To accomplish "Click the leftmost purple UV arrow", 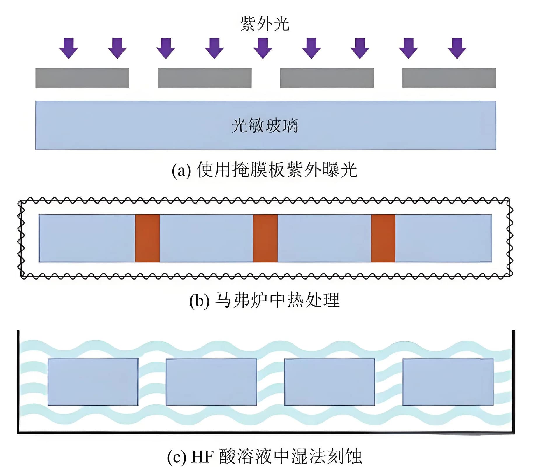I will coord(69,48).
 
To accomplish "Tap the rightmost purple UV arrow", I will coord(457,48).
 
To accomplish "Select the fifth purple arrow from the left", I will coord(263,48).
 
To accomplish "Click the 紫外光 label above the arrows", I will coord(265,24).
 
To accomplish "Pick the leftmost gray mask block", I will coord(82,78).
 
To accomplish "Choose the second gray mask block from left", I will coord(204,78).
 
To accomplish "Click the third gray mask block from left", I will coord(327,78).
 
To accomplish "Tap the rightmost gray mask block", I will coord(449,78).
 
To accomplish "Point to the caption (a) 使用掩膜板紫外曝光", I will coord(264,170).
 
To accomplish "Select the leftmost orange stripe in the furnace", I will coord(148,239).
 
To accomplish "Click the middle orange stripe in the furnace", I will coord(265,239).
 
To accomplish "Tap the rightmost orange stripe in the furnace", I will coord(383,239).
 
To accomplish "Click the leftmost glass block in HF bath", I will coord(93,382).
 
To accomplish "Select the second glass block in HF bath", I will coord(211,382).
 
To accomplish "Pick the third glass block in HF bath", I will coord(330,382).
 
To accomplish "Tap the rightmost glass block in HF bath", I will coord(448,382).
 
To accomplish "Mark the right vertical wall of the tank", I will coord(514,382).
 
